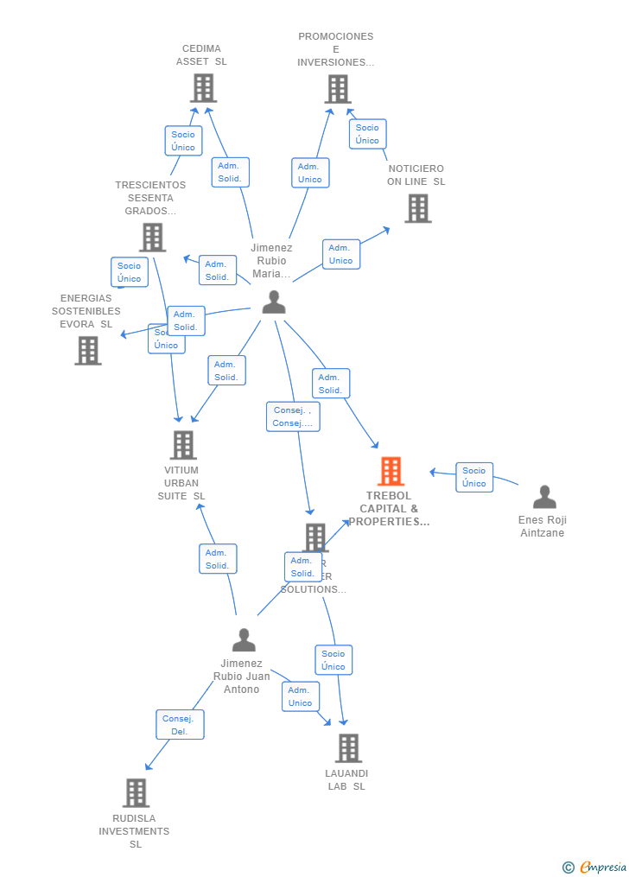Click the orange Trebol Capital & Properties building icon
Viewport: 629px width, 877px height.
pos(391,472)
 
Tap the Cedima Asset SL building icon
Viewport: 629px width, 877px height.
pos(203,88)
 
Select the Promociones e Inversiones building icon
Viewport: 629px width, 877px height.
pos(338,89)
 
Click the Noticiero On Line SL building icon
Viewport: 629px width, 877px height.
pos(417,208)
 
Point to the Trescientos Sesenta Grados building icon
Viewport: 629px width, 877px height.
pos(152,238)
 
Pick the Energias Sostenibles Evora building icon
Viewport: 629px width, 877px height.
pos(88,350)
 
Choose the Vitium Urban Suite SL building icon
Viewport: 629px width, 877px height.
pos(182,445)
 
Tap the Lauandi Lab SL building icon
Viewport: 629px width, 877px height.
pos(347,748)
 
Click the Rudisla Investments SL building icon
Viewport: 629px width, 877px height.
pos(136,793)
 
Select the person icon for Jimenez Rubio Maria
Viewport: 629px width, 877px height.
pos(274,302)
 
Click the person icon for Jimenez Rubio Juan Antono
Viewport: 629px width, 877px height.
pos(244,640)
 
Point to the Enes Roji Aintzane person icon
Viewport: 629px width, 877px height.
pos(544,497)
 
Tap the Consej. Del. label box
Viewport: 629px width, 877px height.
pos(180,725)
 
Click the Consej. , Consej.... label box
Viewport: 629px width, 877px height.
pos(293,416)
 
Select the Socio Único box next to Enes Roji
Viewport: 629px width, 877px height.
pos(474,477)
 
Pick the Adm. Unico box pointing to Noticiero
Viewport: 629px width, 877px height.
pos(340,254)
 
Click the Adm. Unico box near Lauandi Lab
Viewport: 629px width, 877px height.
pos(300,696)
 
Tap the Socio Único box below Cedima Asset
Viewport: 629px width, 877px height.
pos(183,141)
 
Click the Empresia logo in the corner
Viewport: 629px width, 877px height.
pos(595,867)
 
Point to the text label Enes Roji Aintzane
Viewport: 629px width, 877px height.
pos(543,526)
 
